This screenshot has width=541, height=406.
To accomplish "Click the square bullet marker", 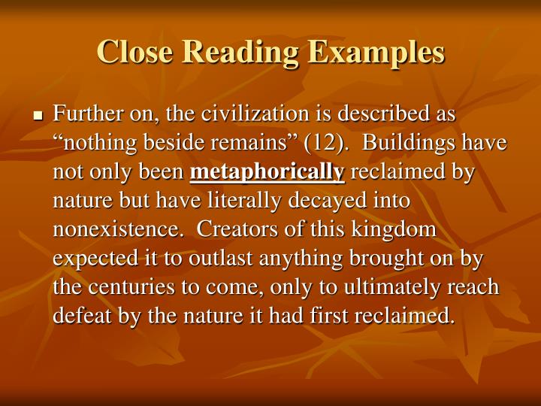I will pyautogui.click(x=38, y=117).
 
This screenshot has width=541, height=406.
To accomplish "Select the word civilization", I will pyautogui.click(x=244, y=115).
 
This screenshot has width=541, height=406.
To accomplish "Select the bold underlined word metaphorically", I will pyautogui.click(x=267, y=172).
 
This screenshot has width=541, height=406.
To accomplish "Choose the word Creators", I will pyautogui.click(x=243, y=229).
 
